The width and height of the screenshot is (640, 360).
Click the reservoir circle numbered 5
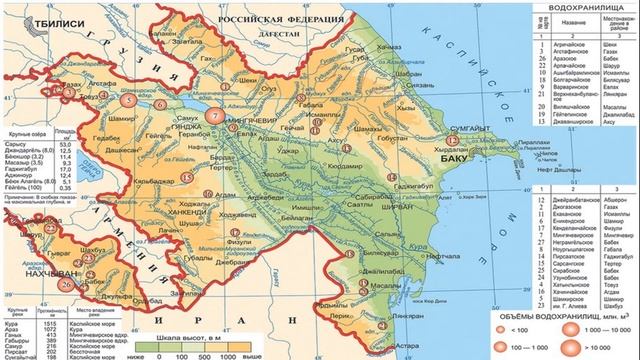click(127, 101)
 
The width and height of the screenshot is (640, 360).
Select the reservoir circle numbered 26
click(66, 283)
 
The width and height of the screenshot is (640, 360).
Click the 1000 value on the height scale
click(229, 355)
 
